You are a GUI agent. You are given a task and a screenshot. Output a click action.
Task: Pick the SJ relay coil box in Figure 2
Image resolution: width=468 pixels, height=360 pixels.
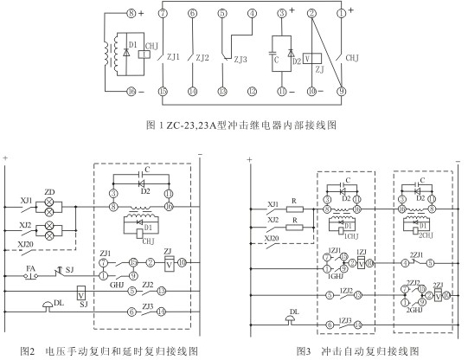81,296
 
